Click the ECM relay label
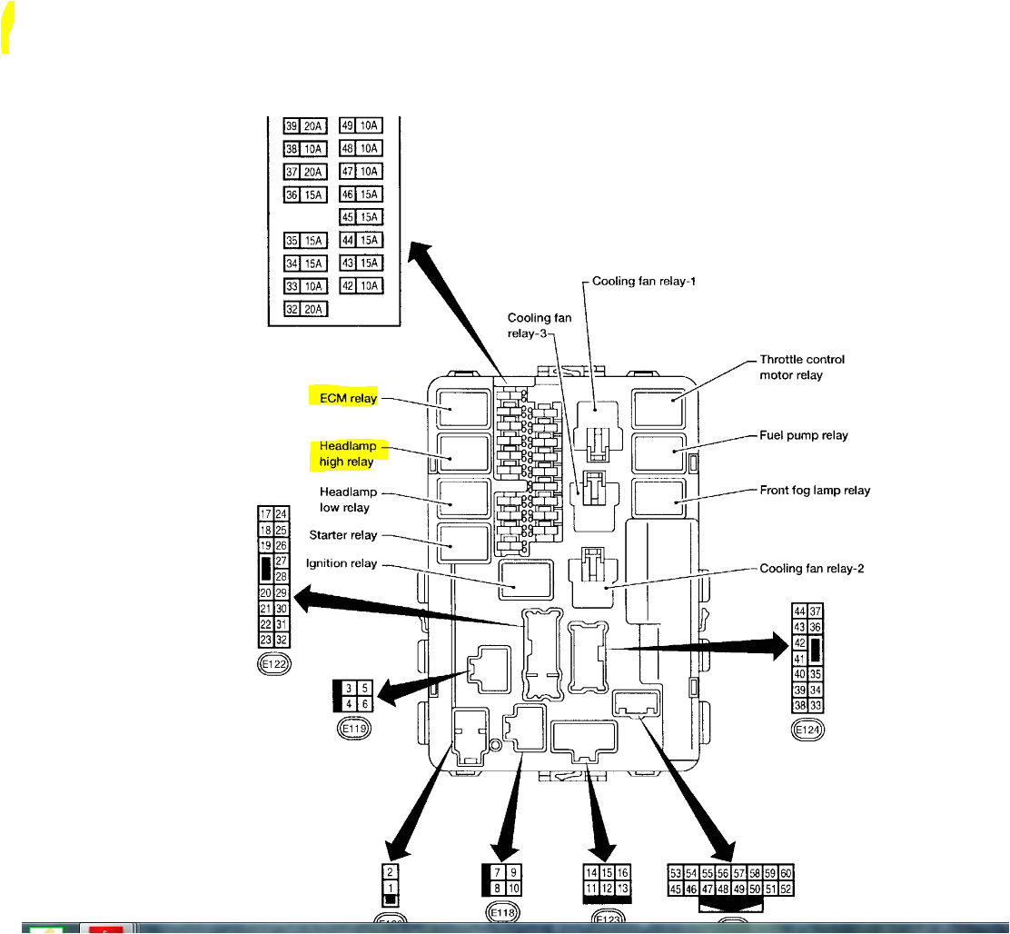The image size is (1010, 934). pyautogui.click(x=346, y=397)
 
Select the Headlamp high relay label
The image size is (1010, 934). pyautogui.click(x=347, y=454)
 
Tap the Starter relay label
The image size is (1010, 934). pyautogui.click(x=343, y=535)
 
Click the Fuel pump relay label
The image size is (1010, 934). pyautogui.click(x=804, y=435)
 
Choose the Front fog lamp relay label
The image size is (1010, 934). pyautogui.click(x=815, y=491)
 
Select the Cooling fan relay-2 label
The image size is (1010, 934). pyautogui.click(x=811, y=570)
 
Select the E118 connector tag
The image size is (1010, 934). pyautogui.click(x=501, y=912)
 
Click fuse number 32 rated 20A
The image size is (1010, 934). pyautogui.click(x=306, y=309)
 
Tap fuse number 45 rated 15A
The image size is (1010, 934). pyautogui.click(x=361, y=217)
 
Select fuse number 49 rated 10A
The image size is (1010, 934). pyautogui.click(x=361, y=126)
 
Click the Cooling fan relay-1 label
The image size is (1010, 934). pyautogui.click(x=644, y=282)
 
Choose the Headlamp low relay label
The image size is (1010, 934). pyautogui.click(x=345, y=500)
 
